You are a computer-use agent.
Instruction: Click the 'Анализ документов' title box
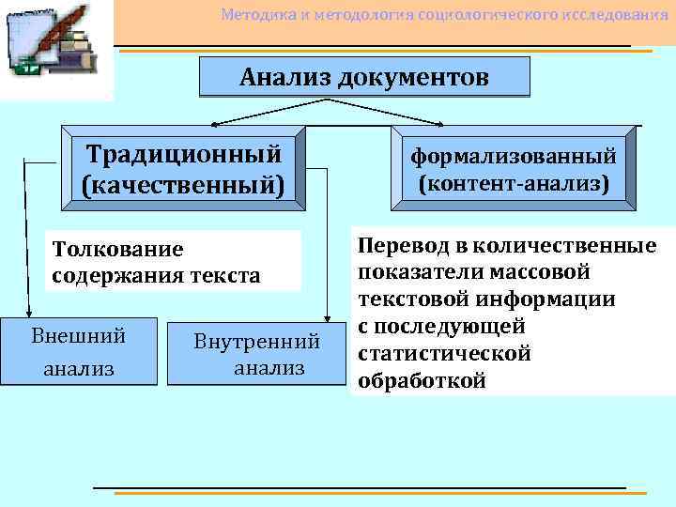(x=364, y=77)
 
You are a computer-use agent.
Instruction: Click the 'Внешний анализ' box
(x=78, y=351)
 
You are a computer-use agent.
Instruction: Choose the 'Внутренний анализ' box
(x=255, y=353)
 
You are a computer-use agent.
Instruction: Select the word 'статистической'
(x=444, y=354)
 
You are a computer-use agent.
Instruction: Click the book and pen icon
(x=56, y=47)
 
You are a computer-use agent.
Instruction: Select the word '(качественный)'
(x=182, y=183)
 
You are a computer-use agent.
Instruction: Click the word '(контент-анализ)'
(x=514, y=182)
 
